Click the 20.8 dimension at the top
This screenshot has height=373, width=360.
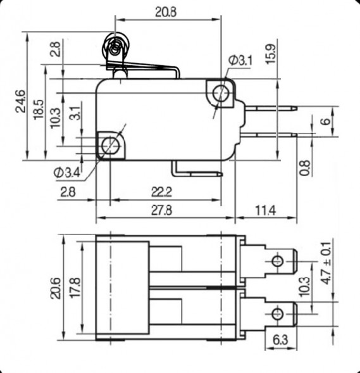167,11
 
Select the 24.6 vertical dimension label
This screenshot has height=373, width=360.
20,101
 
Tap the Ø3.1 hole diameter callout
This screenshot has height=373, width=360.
241,60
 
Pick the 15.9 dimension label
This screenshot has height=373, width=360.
270,55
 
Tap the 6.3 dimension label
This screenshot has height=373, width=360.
282,341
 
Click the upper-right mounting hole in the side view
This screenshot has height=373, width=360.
221,92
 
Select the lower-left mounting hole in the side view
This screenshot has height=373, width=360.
110,145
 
